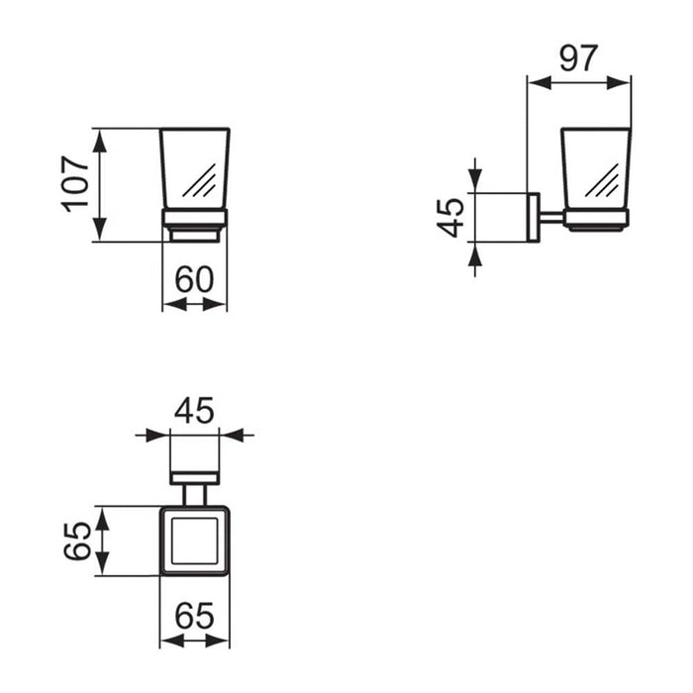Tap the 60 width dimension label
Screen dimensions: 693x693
(x=194, y=279)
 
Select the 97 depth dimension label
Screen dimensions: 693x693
(x=578, y=58)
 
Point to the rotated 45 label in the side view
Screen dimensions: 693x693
(x=451, y=217)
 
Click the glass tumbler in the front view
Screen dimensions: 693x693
(x=195, y=168)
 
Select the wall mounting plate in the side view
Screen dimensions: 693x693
(x=533, y=217)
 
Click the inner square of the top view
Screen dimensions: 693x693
(x=194, y=540)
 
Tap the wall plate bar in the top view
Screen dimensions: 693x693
(x=194, y=478)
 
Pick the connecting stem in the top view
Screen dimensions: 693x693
(x=194, y=494)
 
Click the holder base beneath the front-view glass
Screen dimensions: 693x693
(x=195, y=225)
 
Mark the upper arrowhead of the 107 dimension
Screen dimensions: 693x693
(x=100, y=138)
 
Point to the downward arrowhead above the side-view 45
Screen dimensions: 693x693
(x=476, y=181)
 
